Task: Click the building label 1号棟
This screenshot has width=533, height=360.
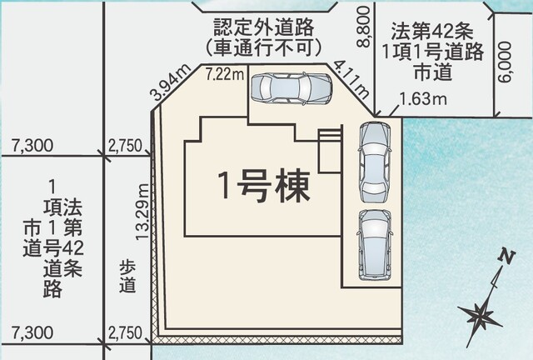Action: pos(264,186)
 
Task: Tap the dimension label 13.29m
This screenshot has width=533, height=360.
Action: pos(142,212)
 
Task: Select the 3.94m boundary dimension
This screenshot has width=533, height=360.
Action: pos(171,82)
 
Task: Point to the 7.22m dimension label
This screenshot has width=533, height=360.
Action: pos(225,74)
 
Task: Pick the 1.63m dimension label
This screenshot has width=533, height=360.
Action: pos(422,99)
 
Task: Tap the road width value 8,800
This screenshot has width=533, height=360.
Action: pos(364,27)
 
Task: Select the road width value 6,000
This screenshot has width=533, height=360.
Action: pos(505,62)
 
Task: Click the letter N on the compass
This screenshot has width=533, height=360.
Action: pos(506,257)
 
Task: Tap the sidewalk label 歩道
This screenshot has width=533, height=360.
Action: pos(127,277)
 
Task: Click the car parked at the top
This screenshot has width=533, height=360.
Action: pos(291,88)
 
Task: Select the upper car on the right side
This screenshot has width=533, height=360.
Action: pos(375,162)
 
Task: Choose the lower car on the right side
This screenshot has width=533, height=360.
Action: pos(374,245)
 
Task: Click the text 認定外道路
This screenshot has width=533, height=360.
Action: pos(263,27)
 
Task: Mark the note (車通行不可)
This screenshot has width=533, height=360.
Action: pos(263,47)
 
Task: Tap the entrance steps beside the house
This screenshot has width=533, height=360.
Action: pos(330,150)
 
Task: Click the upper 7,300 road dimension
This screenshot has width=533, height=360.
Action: pos(32,146)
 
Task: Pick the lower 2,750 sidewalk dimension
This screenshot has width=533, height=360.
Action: pos(125,332)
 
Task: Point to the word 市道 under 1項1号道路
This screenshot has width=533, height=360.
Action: pos(433,72)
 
